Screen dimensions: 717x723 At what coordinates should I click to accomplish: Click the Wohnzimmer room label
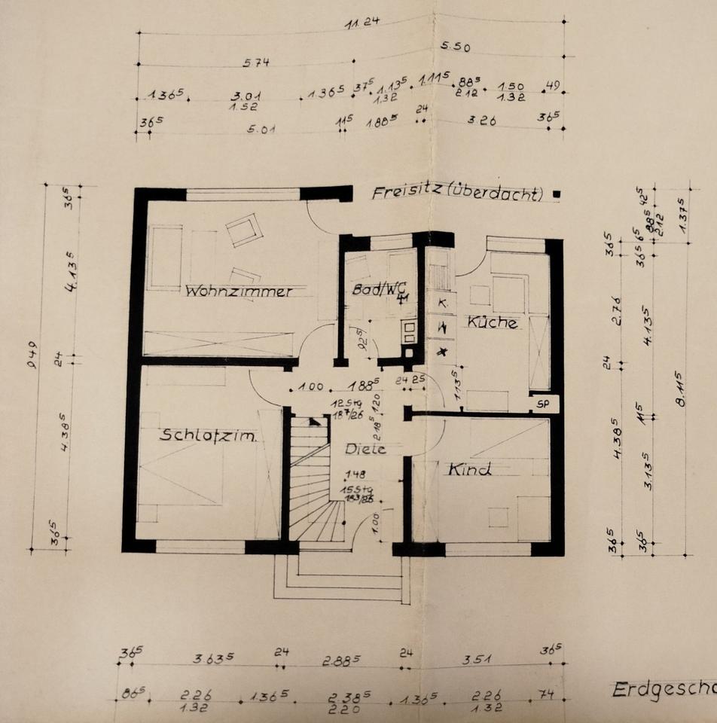pos(239,291)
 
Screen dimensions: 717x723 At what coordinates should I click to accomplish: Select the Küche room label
pos(493,322)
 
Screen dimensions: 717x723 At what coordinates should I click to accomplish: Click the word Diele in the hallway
pos(365,449)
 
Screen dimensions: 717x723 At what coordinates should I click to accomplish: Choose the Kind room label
pos(470,470)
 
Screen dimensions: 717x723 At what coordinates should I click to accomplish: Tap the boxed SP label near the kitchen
pos(544,404)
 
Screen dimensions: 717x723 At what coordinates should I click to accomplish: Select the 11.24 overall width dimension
pos(362,23)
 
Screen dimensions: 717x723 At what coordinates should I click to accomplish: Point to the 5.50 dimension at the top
pos(455,47)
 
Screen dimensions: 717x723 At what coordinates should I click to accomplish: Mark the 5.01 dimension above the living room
pos(261,128)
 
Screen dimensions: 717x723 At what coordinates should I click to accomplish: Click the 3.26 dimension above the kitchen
pos(481,120)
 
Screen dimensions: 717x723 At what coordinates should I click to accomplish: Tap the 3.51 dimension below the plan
pos(476,659)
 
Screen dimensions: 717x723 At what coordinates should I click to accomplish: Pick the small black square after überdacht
pos(556,194)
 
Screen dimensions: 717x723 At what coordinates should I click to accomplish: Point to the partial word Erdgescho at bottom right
pos(663,689)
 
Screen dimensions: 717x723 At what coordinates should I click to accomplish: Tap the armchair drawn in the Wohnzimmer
pos(244,230)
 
